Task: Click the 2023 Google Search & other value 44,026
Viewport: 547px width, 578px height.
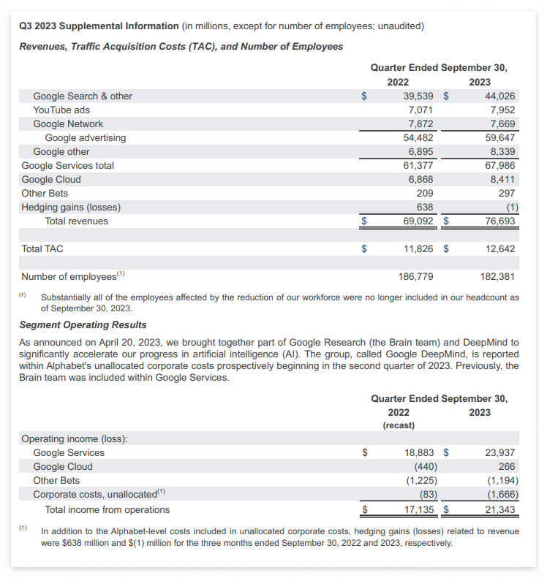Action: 500,96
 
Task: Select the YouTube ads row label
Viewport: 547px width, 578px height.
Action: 61,110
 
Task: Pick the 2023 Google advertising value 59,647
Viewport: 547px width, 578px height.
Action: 500,137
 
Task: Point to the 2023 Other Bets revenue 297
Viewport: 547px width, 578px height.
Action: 507,193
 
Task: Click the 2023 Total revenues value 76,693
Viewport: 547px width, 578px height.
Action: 500,221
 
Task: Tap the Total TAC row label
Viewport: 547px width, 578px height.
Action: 42,248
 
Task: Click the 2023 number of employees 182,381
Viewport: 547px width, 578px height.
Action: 497,276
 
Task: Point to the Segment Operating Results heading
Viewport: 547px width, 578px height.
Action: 83,324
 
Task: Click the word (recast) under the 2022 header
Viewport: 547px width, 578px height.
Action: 399,425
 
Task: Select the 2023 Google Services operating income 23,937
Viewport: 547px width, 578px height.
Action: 500,452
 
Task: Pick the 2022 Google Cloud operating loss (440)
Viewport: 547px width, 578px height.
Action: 425,466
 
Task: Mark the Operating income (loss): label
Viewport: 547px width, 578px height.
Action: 74,438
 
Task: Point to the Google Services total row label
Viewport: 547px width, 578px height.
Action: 68,165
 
